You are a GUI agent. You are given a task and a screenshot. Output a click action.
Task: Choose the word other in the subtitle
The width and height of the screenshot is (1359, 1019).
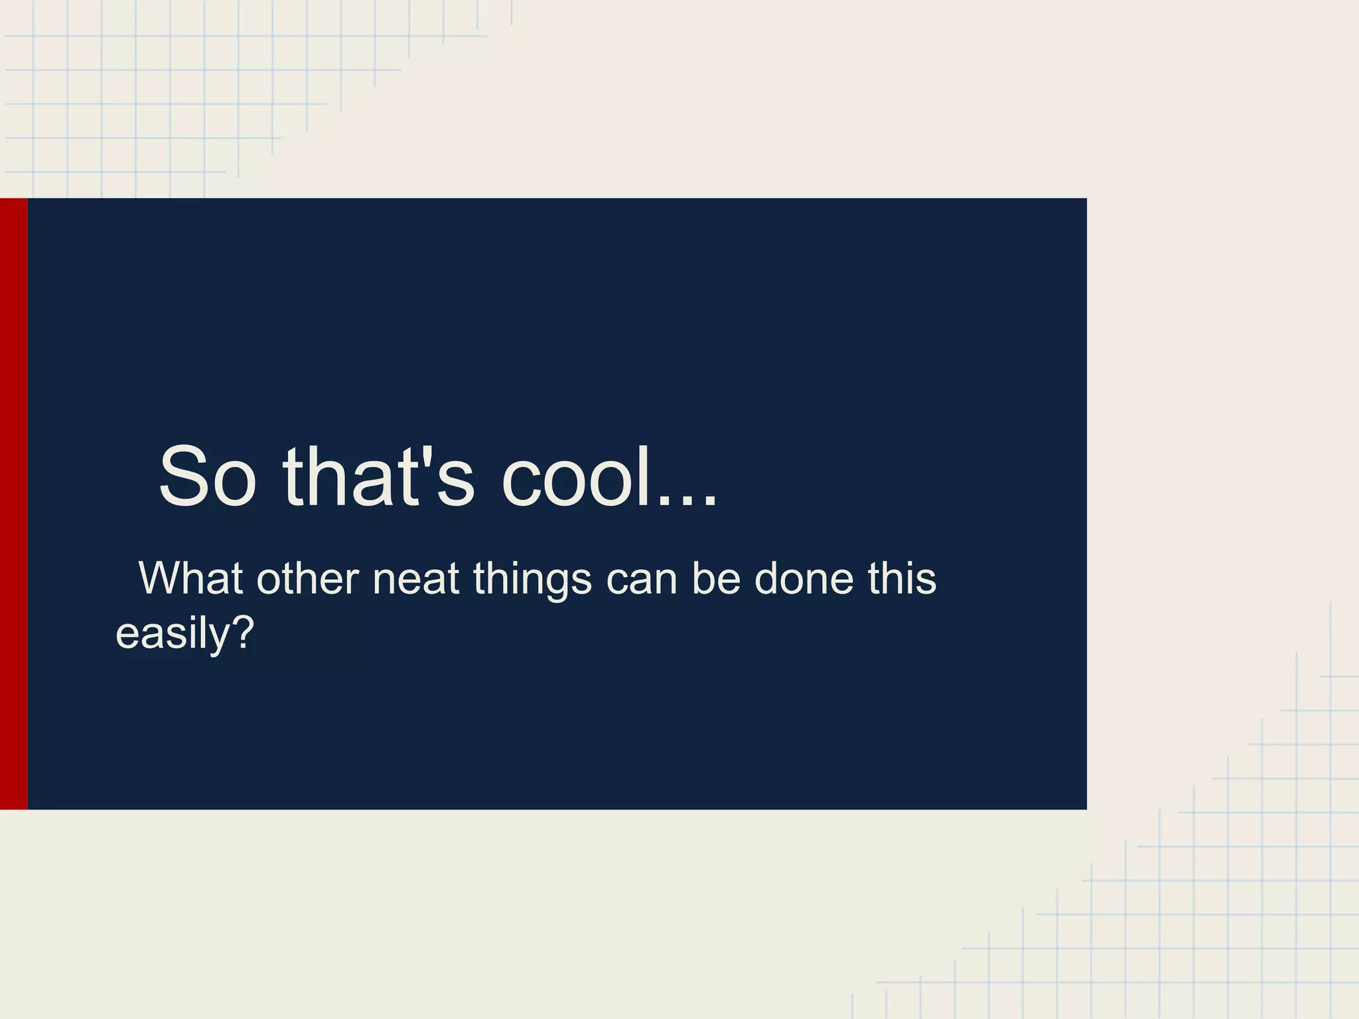[x=308, y=578]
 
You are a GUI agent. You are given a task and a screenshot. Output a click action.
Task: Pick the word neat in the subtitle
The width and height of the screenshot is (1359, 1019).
[x=415, y=578]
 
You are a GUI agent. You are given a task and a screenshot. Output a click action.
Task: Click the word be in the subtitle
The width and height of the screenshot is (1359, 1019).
[x=715, y=578]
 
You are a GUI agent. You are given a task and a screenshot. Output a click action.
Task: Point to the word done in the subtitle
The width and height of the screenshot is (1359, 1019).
[x=804, y=578]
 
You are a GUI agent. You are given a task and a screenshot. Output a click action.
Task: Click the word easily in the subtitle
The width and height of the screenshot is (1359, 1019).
[x=173, y=634]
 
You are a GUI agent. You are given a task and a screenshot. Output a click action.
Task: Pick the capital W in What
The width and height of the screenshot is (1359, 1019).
[x=159, y=578]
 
